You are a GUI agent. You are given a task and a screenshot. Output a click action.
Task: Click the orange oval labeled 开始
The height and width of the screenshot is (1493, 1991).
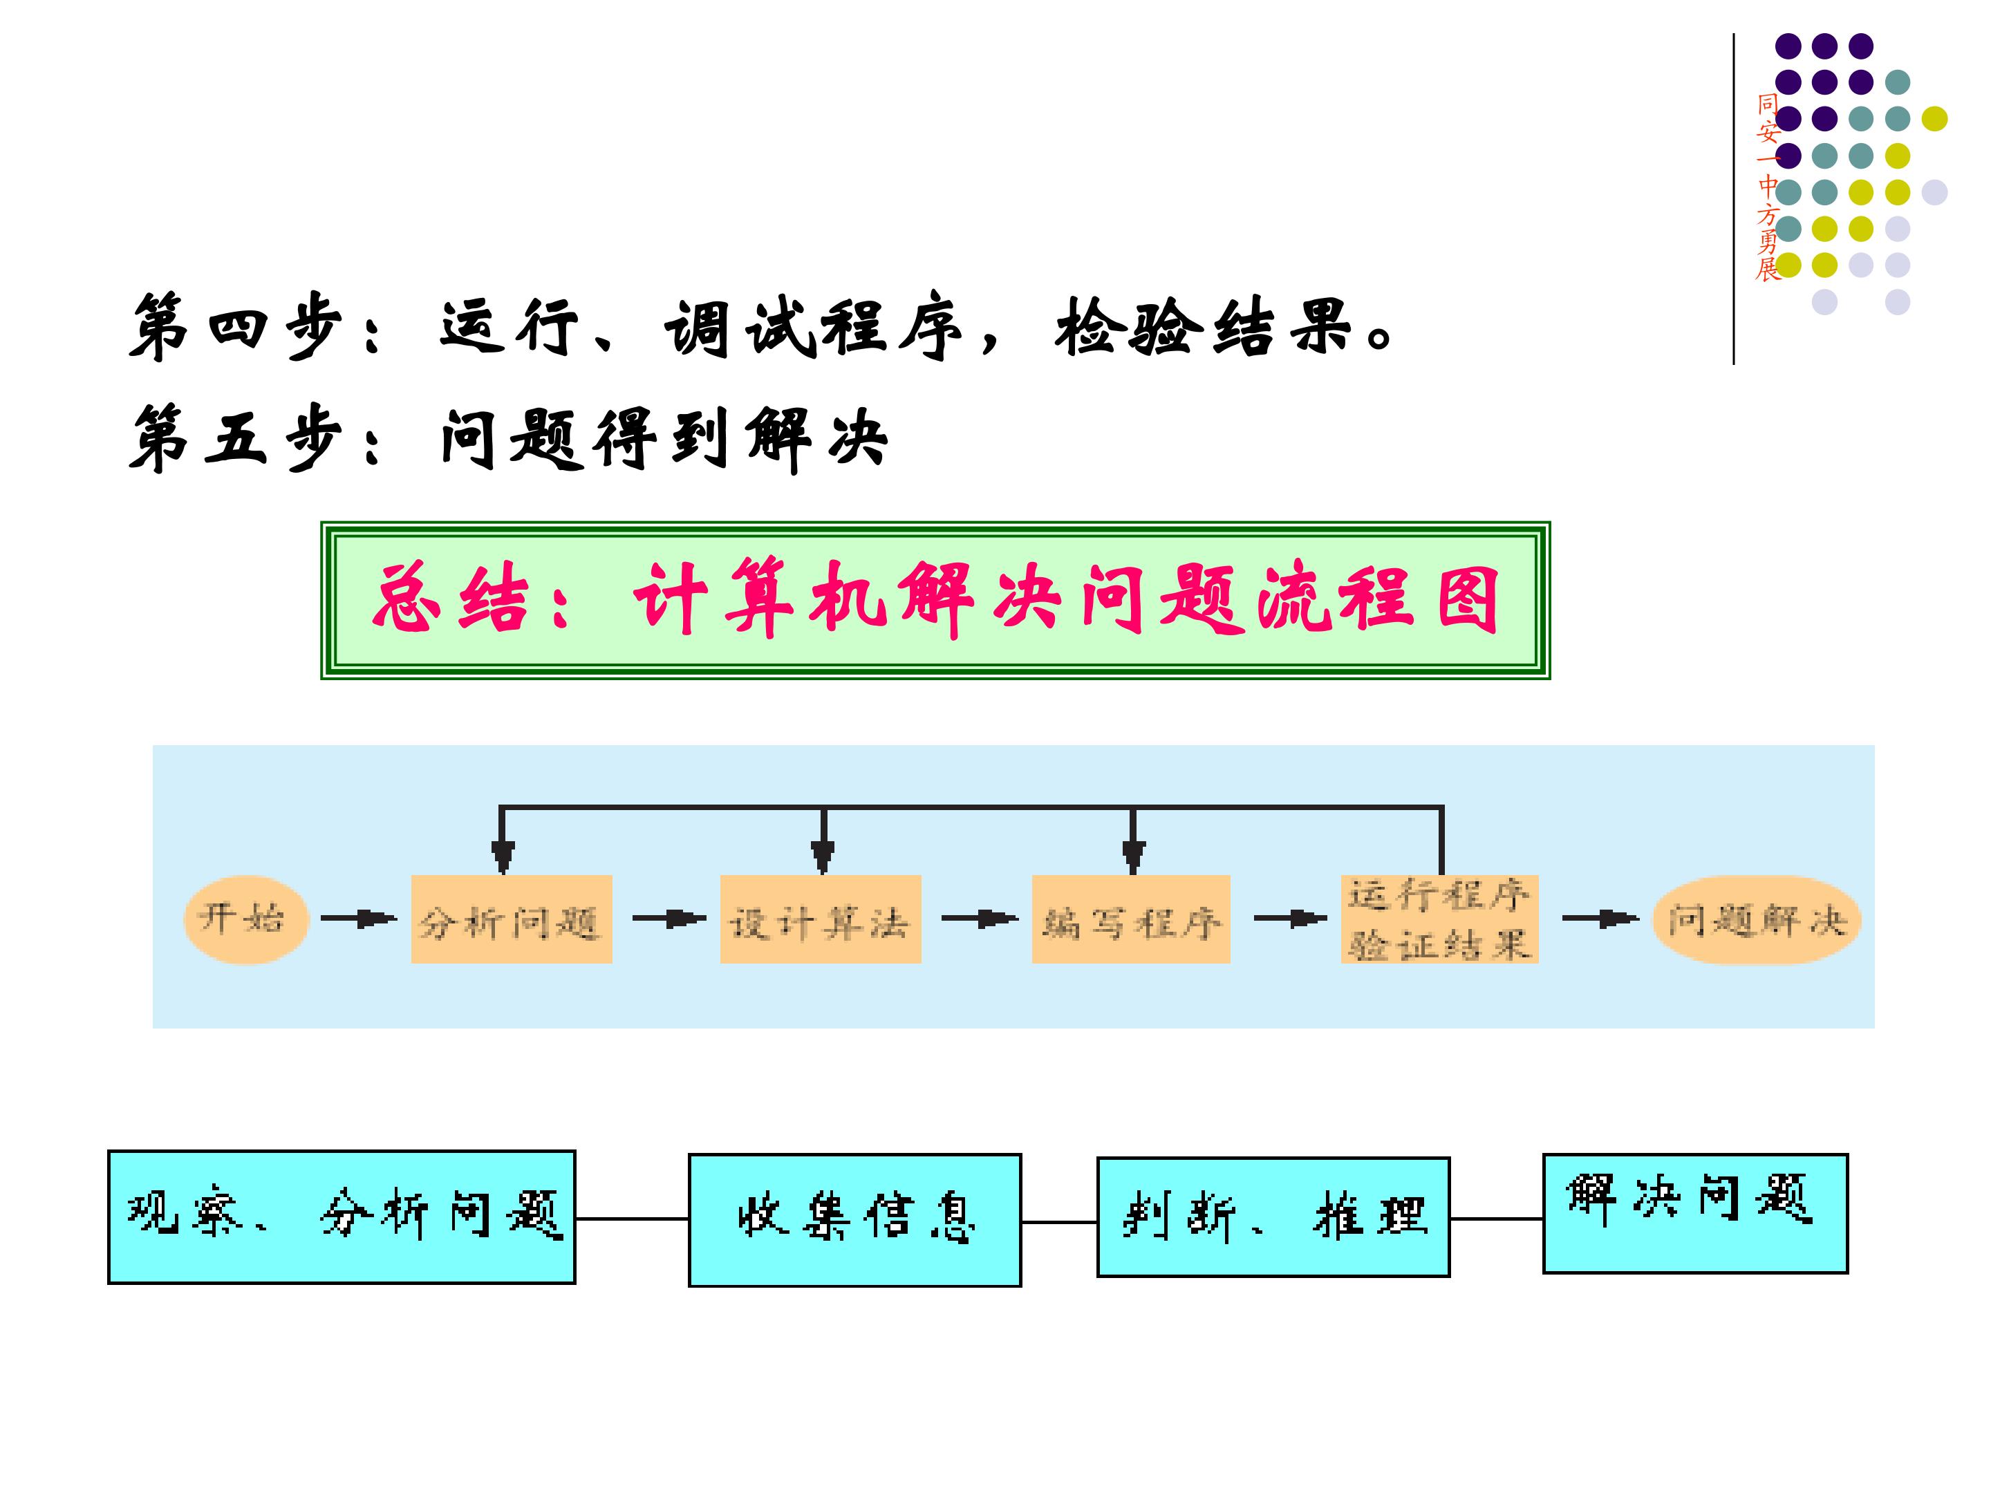pos(245,919)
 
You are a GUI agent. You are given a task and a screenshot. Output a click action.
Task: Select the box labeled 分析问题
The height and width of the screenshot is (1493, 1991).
pos(512,919)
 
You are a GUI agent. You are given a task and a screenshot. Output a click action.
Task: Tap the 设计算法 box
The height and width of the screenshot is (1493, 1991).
pos(820,919)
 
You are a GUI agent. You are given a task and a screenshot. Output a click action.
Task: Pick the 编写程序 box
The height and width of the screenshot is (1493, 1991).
pos(1130,919)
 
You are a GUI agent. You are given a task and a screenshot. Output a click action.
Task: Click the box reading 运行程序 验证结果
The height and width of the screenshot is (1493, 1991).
pos(1439,919)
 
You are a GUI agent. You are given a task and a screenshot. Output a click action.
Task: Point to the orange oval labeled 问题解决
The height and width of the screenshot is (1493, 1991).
pos(1756,919)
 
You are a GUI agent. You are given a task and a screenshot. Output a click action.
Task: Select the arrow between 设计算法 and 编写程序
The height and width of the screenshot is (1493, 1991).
pos(980,919)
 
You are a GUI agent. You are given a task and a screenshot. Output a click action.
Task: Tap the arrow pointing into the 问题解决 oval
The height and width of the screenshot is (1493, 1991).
pos(1600,919)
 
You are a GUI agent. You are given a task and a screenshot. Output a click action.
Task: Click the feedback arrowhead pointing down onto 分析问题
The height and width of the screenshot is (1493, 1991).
pos(503,855)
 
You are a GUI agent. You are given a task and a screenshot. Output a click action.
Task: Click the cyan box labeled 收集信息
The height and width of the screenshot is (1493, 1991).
pos(854,1219)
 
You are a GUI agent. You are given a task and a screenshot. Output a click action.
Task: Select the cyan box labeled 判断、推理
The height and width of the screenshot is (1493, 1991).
pos(1273,1217)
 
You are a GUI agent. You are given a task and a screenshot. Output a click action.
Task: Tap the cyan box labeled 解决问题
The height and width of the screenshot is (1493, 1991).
pos(1695,1212)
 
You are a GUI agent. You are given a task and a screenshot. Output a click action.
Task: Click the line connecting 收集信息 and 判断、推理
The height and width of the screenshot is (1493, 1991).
pos(1059,1222)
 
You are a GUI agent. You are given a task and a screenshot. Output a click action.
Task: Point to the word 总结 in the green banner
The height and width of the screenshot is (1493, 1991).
pos(450,599)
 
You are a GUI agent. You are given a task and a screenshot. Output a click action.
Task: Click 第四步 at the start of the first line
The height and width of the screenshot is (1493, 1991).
pos(236,327)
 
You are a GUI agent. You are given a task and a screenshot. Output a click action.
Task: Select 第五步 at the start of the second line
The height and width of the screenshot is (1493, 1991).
pos(236,438)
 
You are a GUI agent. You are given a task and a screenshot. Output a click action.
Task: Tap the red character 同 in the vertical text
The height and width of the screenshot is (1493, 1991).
pos(1768,104)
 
